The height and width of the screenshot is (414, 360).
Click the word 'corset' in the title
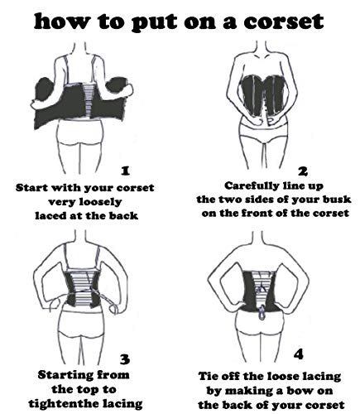[284, 22]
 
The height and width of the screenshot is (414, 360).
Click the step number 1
[126, 171]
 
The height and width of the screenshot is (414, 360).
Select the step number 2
[303, 171]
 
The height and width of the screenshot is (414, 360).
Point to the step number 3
[125, 359]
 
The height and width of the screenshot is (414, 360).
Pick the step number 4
[298, 354]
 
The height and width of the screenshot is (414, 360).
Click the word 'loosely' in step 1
[100, 202]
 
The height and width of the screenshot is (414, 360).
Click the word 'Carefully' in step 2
[252, 185]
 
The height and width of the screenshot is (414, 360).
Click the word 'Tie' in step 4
[209, 376]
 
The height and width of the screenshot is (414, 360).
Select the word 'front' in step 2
[258, 213]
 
